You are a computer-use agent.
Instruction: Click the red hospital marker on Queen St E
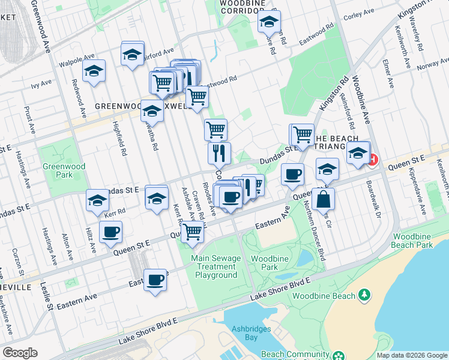[373, 160]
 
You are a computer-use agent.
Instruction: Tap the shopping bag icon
[323, 199]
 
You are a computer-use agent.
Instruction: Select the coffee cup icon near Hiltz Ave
[110, 232]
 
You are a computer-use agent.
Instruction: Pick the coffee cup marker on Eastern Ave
[155, 280]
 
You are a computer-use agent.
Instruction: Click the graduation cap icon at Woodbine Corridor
[270, 22]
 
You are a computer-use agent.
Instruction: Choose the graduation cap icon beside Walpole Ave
[94, 71]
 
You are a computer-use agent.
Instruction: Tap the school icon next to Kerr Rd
[97, 201]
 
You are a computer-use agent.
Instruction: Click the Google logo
[20, 353]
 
